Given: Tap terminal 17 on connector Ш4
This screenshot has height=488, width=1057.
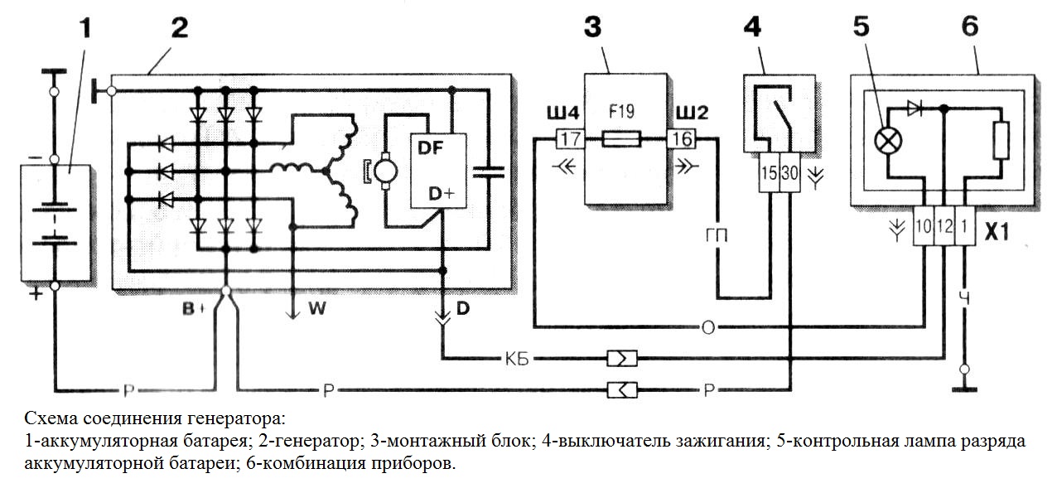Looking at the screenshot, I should pyautogui.click(x=568, y=140).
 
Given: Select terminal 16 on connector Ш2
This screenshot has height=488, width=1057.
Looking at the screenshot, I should pyautogui.click(x=682, y=140).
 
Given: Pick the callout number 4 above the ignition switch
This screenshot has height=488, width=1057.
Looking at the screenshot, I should pyautogui.click(x=753, y=27).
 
